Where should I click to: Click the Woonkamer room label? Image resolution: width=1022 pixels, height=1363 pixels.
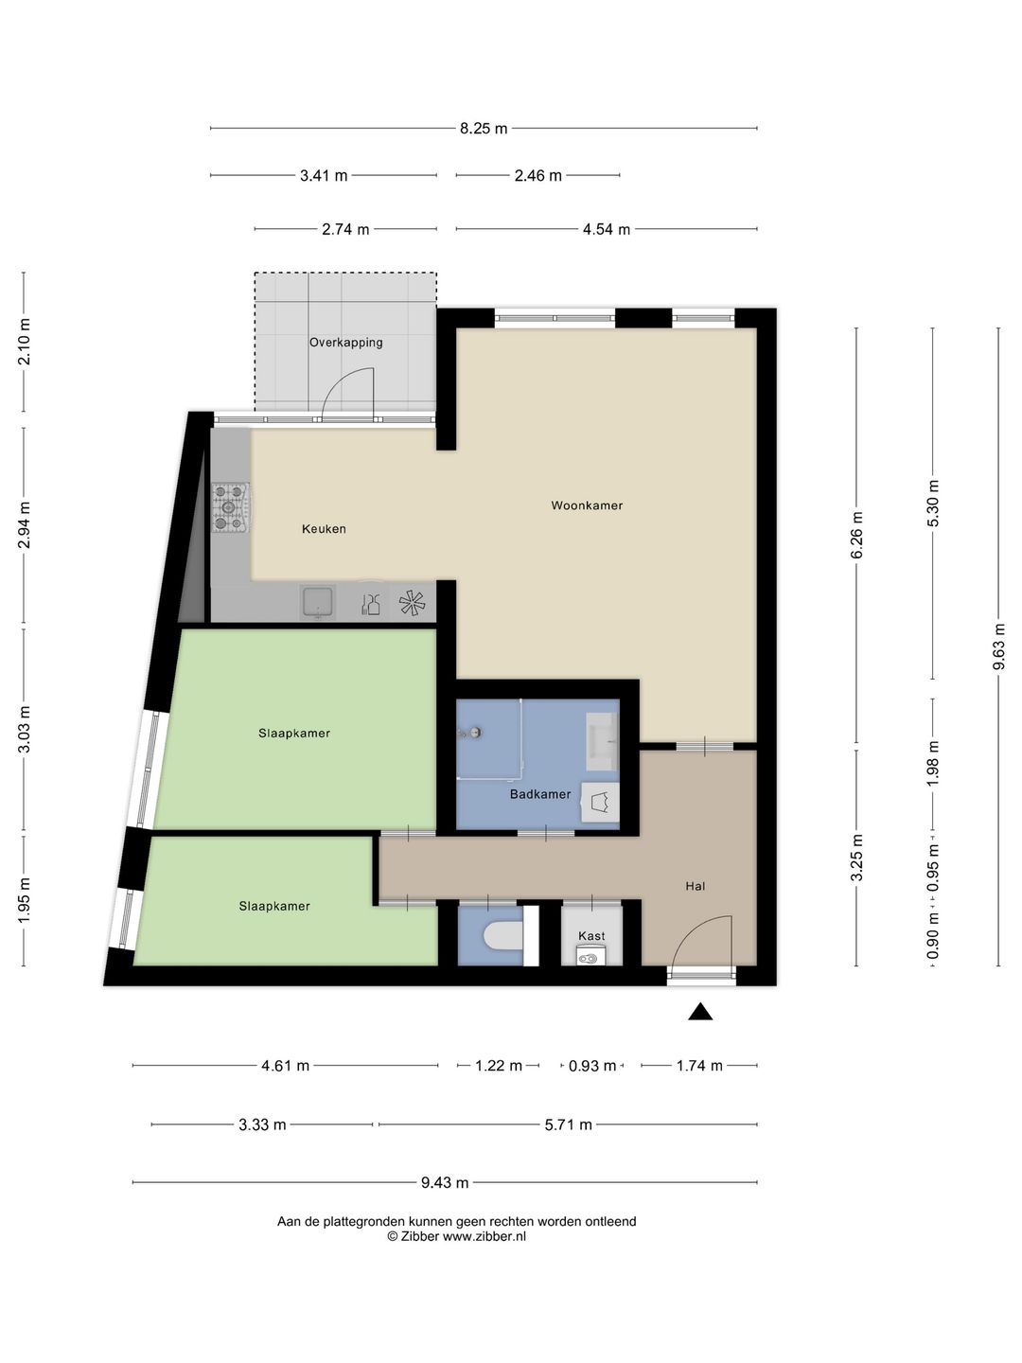587,505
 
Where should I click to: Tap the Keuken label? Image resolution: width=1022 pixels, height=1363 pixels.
324,529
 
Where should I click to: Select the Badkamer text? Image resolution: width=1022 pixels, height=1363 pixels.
539,793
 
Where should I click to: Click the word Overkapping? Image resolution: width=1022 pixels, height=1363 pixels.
345,342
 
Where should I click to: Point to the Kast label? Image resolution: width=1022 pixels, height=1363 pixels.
591,936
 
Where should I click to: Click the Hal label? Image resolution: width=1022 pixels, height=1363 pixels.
695,886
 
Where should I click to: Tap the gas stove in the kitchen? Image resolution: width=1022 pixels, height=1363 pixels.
230,508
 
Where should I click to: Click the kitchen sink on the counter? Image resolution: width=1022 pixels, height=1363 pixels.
318,602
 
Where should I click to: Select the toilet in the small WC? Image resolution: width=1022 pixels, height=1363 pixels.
502,936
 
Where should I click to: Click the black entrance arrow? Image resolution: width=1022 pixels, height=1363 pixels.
700,1012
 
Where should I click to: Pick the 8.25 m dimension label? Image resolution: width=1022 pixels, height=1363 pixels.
484,129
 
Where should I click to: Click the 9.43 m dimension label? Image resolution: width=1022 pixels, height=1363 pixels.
445,1183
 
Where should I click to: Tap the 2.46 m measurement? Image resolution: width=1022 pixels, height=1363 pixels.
538,176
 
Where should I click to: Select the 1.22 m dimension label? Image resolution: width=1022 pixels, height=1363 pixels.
499,1066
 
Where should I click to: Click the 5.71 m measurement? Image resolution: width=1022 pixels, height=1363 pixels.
568,1124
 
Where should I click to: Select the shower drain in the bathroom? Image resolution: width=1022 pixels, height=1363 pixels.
476,733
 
